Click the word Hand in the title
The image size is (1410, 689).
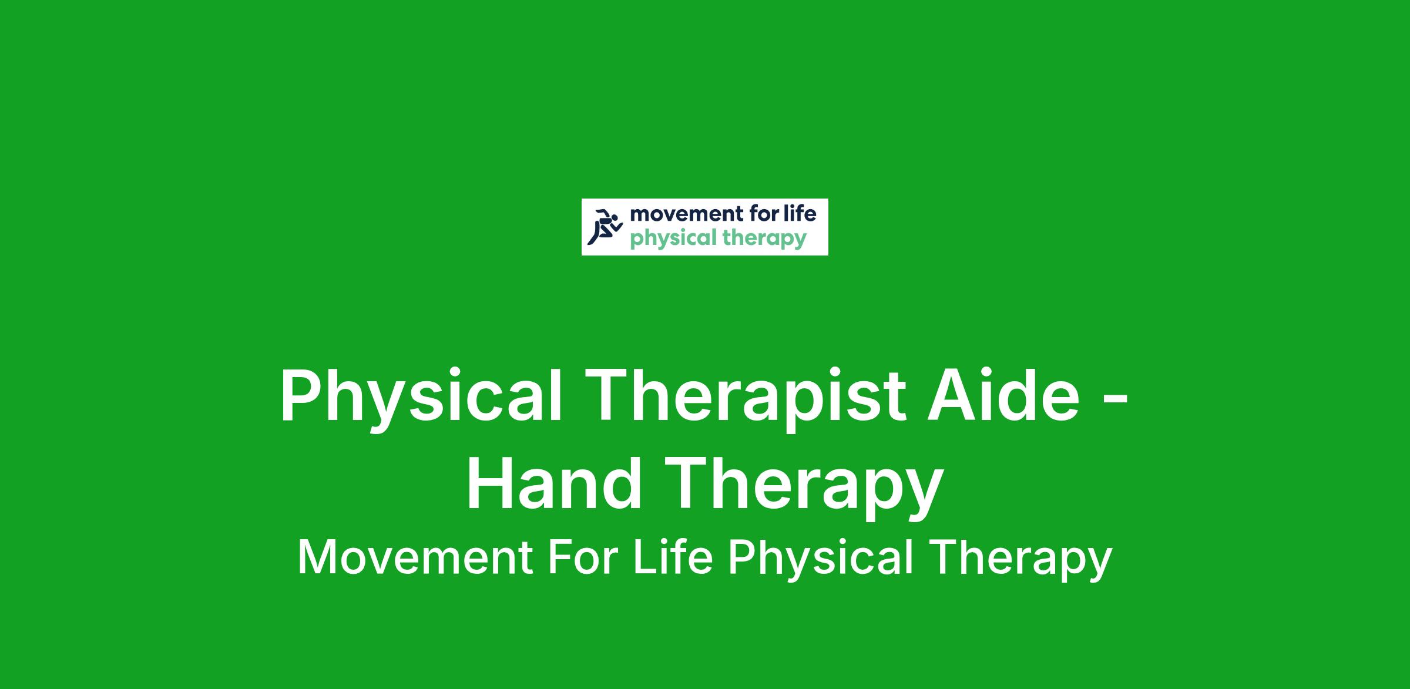(554, 482)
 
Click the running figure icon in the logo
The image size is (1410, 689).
(605, 227)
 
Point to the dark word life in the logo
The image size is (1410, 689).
(801, 213)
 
